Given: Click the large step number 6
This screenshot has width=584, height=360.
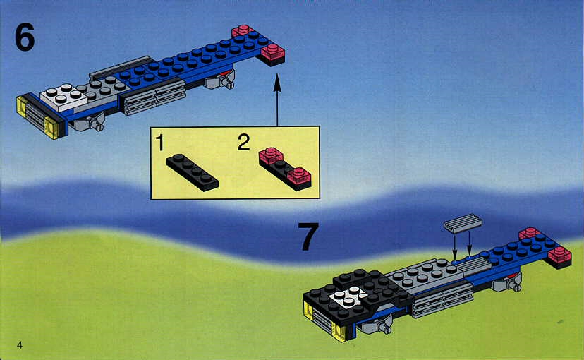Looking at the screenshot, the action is click(x=25, y=37).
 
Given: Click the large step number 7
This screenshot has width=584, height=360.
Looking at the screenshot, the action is click(x=308, y=236).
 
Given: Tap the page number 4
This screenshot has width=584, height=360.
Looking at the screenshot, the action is click(x=19, y=344).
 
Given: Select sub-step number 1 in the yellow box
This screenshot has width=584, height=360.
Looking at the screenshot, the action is click(x=160, y=143).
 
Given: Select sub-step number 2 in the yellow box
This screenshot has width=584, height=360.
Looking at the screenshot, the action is click(x=243, y=143).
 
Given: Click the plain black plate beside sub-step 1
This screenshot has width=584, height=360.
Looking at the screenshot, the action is click(x=192, y=172).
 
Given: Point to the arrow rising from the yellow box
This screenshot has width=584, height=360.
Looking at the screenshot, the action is click(x=276, y=100).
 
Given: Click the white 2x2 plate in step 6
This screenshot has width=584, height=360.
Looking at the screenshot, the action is click(x=63, y=97).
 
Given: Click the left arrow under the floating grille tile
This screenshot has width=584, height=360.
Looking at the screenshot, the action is click(x=454, y=245).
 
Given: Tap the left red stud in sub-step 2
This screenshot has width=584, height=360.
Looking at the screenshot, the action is click(x=272, y=156).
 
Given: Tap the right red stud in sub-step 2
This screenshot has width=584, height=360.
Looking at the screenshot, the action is click(x=298, y=176).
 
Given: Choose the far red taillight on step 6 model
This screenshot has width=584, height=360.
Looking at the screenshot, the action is click(x=243, y=30).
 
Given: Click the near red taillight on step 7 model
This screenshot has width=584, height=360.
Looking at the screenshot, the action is click(x=559, y=256).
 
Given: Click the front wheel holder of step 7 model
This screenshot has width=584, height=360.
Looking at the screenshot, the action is click(x=374, y=324).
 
